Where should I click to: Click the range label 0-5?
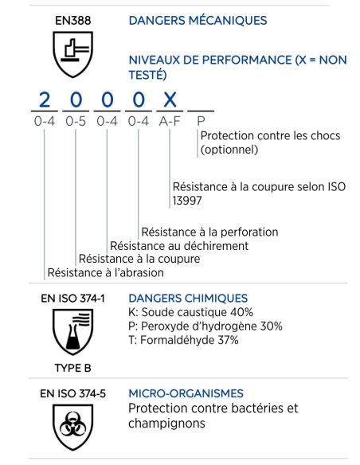point(77,122)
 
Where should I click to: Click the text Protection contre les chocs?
point(270,136)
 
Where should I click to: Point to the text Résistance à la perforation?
point(209,232)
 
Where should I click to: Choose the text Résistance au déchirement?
point(179,245)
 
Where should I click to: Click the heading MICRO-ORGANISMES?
point(186,393)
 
